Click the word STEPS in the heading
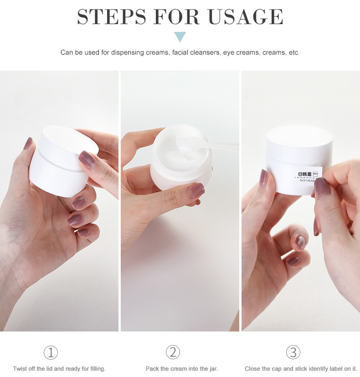(x=112, y=16)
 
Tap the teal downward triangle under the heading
(x=180, y=37)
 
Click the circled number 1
(x=51, y=353)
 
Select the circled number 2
(x=173, y=352)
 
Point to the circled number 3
(x=293, y=352)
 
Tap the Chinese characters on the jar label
(x=305, y=174)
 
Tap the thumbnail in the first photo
(x=28, y=143)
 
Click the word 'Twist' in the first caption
(x=20, y=369)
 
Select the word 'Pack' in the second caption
(x=152, y=369)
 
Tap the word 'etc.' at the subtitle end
(x=294, y=52)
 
